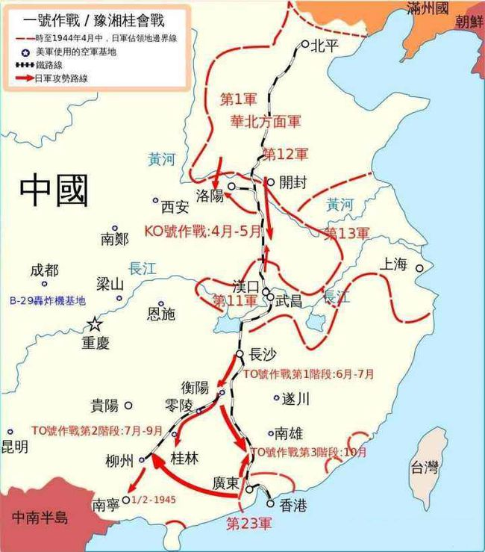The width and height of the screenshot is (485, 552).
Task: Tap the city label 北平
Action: (x=327, y=44)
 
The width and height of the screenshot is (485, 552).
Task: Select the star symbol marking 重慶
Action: (x=94, y=324)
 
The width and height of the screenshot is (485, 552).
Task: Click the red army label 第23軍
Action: (x=250, y=522)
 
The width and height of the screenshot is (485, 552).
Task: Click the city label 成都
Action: (x=44, y=270)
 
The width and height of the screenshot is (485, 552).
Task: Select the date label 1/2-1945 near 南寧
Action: (x=154, y=499)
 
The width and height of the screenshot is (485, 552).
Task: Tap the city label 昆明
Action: (x=14, y=447)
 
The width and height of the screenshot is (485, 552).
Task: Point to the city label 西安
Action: (x=177, y=206)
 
